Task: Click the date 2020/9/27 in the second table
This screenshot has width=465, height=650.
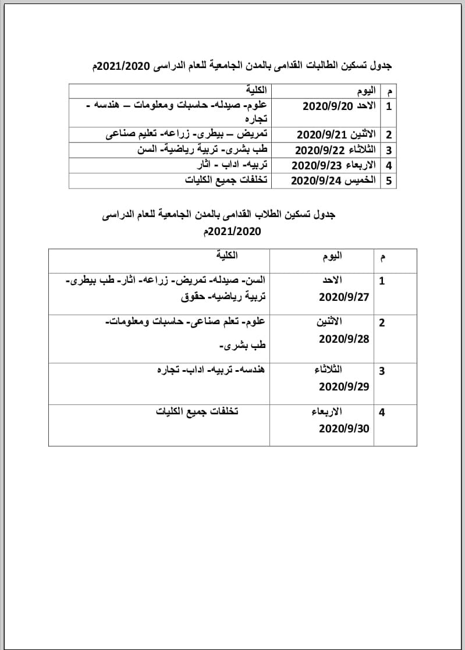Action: [x=344, y=297]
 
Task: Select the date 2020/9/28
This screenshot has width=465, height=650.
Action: [x=344, y=339]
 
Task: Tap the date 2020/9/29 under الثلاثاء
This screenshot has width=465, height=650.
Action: [x=344, y=386]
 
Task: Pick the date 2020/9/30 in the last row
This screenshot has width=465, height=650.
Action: [x=344, y=428]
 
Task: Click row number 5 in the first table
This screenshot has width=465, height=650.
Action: [x=388, y=181]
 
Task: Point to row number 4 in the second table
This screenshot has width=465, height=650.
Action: [x=382, y=413]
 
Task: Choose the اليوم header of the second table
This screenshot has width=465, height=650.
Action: [x=332, y=256]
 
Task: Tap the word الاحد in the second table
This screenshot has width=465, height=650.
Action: [x=332, y=280]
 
